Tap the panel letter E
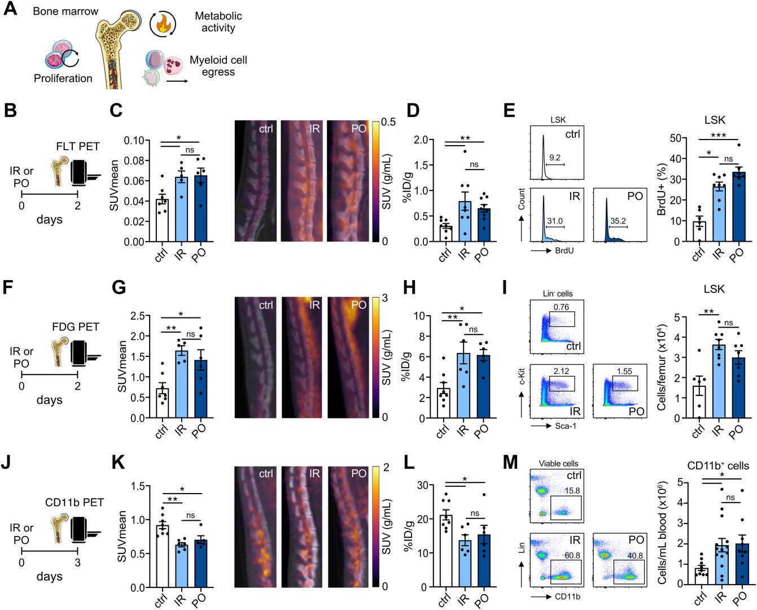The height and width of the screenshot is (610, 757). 509,110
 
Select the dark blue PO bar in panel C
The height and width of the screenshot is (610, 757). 201,208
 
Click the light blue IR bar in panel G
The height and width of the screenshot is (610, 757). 182,385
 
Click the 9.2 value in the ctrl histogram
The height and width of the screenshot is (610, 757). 555,158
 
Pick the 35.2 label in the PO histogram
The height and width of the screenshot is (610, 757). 618,221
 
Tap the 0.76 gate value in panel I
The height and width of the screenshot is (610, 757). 561,307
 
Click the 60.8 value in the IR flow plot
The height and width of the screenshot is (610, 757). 572,555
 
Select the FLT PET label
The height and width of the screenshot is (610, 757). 78,146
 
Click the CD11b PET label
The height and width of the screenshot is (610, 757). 75,502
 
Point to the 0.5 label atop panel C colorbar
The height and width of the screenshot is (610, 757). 388,122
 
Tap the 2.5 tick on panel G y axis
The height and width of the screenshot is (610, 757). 138,316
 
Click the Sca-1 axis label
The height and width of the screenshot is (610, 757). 566,426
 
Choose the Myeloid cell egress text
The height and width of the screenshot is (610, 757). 218,66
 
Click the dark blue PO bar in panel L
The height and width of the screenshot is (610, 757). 484,561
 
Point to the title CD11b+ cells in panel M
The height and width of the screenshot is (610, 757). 718,465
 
